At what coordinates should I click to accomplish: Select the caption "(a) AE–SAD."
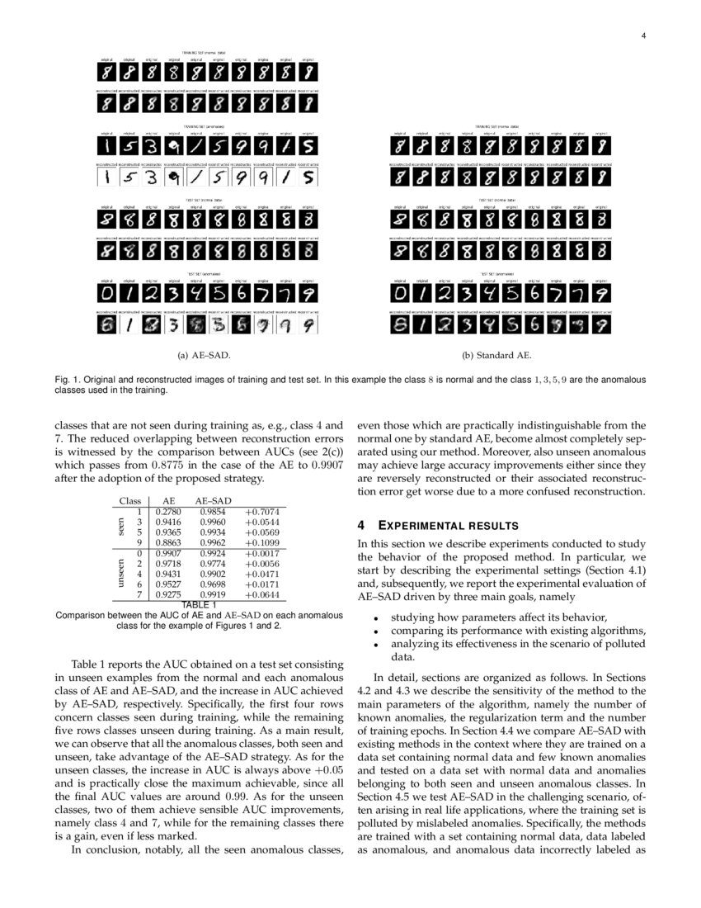[x=204, y=356]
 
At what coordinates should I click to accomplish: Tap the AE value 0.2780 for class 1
[x=169, y=512]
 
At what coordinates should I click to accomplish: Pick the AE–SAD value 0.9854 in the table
[x=213, y=512]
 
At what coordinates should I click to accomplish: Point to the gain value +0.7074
[x=262, y=512]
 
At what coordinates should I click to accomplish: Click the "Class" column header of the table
[x=130, y=500]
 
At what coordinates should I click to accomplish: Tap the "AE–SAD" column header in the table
[x=213, y=500]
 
